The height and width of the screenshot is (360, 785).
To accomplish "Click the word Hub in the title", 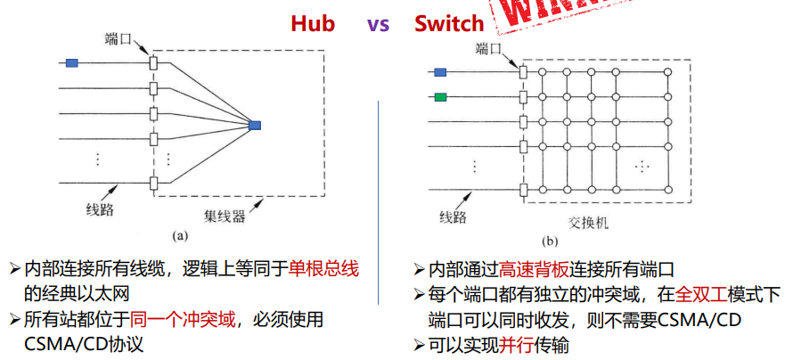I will pyautogui.click(x=313, y=23).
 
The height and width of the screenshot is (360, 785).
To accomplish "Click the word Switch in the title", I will pyautogui.click(x=449, y=23).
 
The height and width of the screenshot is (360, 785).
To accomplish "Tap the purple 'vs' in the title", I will pyautogui.click(x=378, y=23).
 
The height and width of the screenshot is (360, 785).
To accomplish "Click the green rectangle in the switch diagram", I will pyautogui.click(x=440, y=96).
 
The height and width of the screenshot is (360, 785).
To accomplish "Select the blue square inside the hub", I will pyautogui.click(x=256, y=125).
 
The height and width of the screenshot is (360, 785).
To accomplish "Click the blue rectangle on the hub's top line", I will pyautogui.click(x=72, y=62).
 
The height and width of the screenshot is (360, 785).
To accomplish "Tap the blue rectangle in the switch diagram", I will pyautogui.click(x=440, y=73).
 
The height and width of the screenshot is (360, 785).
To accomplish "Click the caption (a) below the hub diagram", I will pyautogui.click(x=179, y=236).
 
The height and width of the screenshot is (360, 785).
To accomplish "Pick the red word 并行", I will pyautogui.click(x=518, y=345).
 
